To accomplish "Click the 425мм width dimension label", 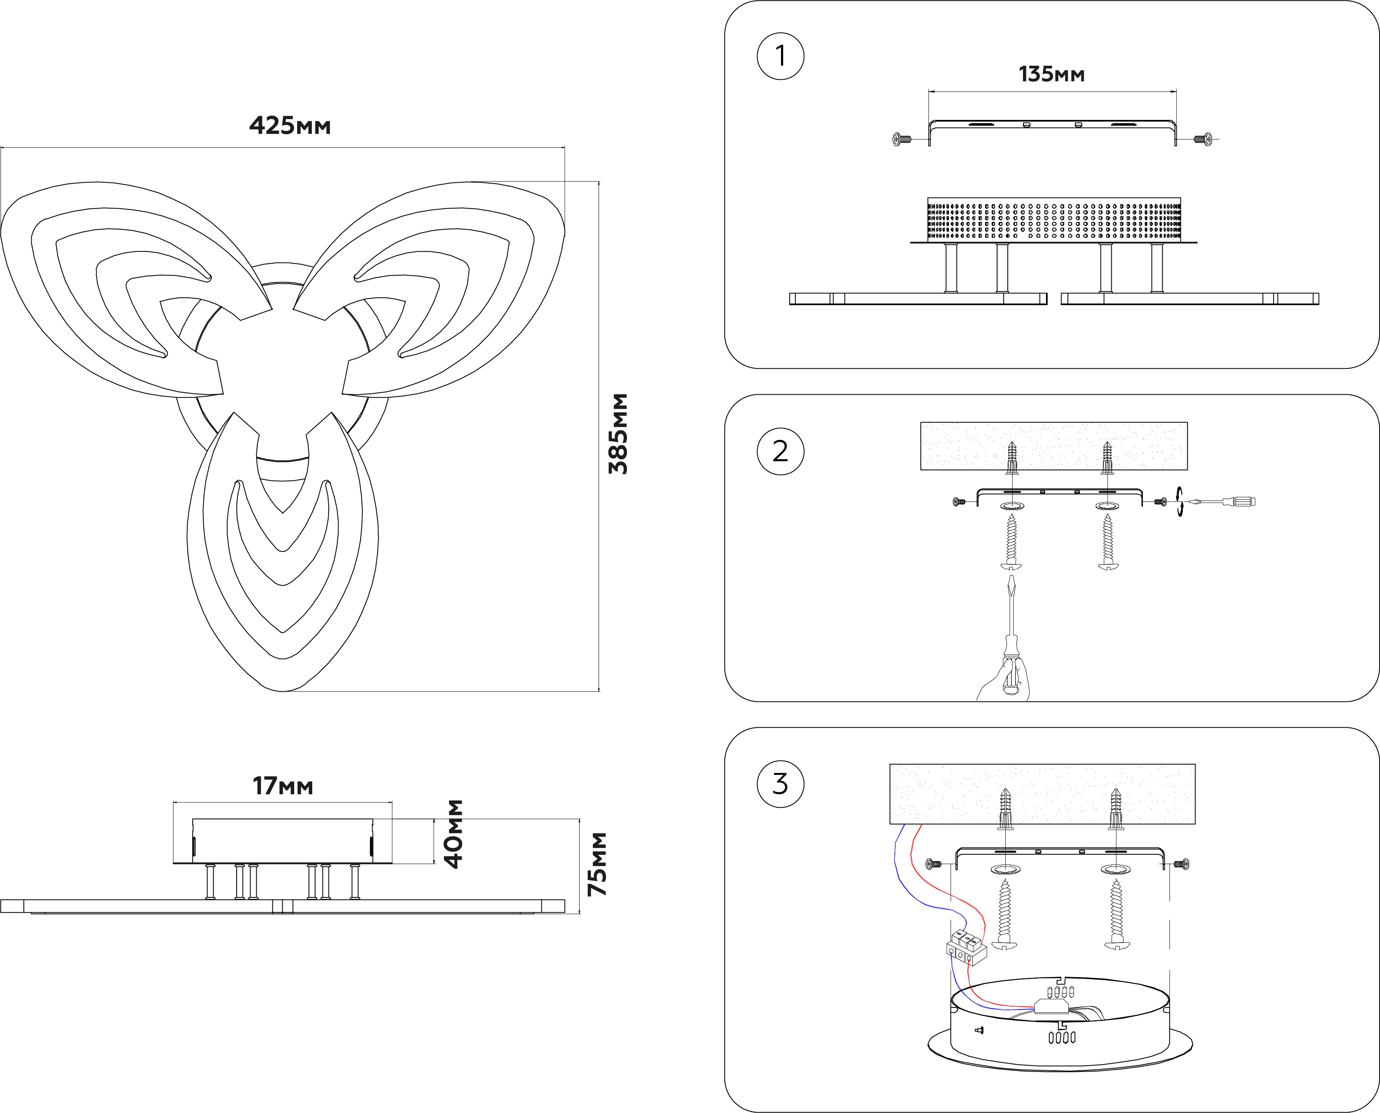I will point(290,126).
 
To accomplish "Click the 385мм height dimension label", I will point(618,434).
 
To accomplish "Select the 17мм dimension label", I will point(283,786).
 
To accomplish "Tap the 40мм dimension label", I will point(454,833).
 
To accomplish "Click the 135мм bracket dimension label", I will point(1052,74).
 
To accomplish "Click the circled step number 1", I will point(781,56).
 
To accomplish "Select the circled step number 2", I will point(781,451).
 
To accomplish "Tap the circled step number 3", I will point(781,784).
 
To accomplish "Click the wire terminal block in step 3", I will point(966,947).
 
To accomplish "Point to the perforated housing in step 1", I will point(1054,219).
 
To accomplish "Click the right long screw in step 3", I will point(1116,914).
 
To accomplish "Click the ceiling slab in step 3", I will point(1042,794).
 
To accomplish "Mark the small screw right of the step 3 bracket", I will point(1181,864).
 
